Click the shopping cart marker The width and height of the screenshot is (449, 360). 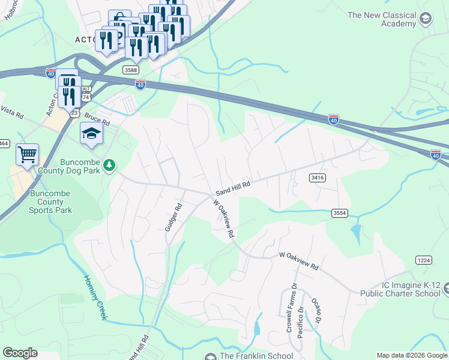(27, 155)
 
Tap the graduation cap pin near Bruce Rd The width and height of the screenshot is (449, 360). (91, 134)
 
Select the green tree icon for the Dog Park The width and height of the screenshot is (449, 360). (109, 164)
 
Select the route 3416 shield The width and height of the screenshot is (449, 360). (318, 178)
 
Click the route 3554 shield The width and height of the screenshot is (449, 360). (339, 213)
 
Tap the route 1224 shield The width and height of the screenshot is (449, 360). (423, 259)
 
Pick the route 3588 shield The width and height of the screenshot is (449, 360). (131, 70)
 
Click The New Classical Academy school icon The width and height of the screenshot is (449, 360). (426, 19)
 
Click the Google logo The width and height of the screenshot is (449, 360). (20, 353)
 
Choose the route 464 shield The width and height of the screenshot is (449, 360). (4, 143)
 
